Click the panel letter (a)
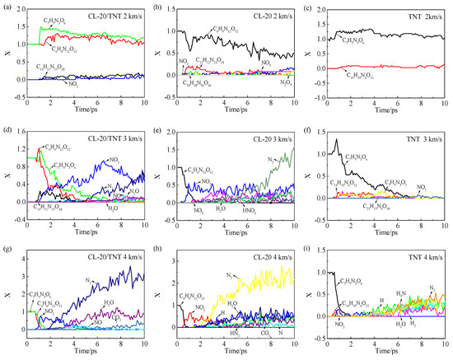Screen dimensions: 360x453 tap(8, 7)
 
